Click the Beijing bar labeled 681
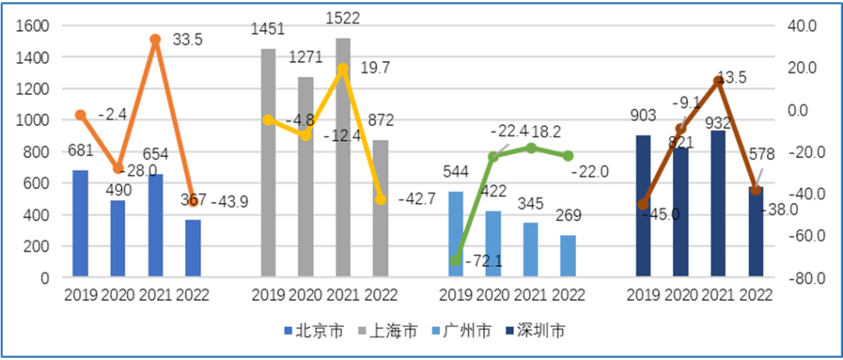pos(80,223)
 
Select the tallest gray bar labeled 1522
pos(343,156)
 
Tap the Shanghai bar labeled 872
pos(380,208)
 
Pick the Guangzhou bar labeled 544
pos(455,233)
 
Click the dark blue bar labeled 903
pos(642,205)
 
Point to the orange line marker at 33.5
pos(155,39)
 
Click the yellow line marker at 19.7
pos(343,69)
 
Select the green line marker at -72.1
pos(455,261)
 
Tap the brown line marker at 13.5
pos(719,80)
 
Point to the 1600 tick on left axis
pos(33,26)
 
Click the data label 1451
pos(268,30)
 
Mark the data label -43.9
pos(229,201)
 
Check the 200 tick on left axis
pos(37,246)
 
